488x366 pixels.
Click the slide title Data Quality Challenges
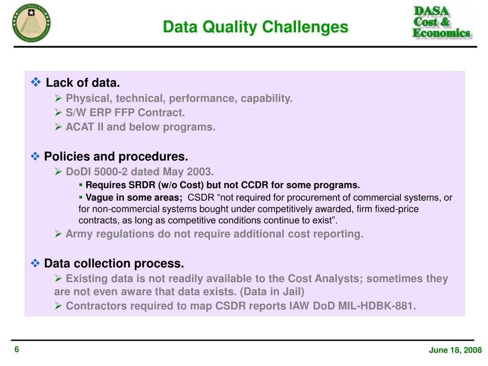coord(255,27)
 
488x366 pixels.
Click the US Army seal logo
coord(32,22)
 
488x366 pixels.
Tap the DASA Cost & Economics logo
coord(441,22)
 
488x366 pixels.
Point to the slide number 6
coord(17,350)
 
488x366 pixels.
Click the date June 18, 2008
coord(455,350)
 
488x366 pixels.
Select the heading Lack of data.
coord(83,83)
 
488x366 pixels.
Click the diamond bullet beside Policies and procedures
coord(36,156)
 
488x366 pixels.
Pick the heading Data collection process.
coord(114,264)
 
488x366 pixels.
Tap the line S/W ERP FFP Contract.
coord(125,113)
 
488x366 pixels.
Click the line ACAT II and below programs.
coord(141,127)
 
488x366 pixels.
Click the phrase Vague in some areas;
coord(134,198)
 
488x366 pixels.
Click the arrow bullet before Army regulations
coord(58,234)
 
